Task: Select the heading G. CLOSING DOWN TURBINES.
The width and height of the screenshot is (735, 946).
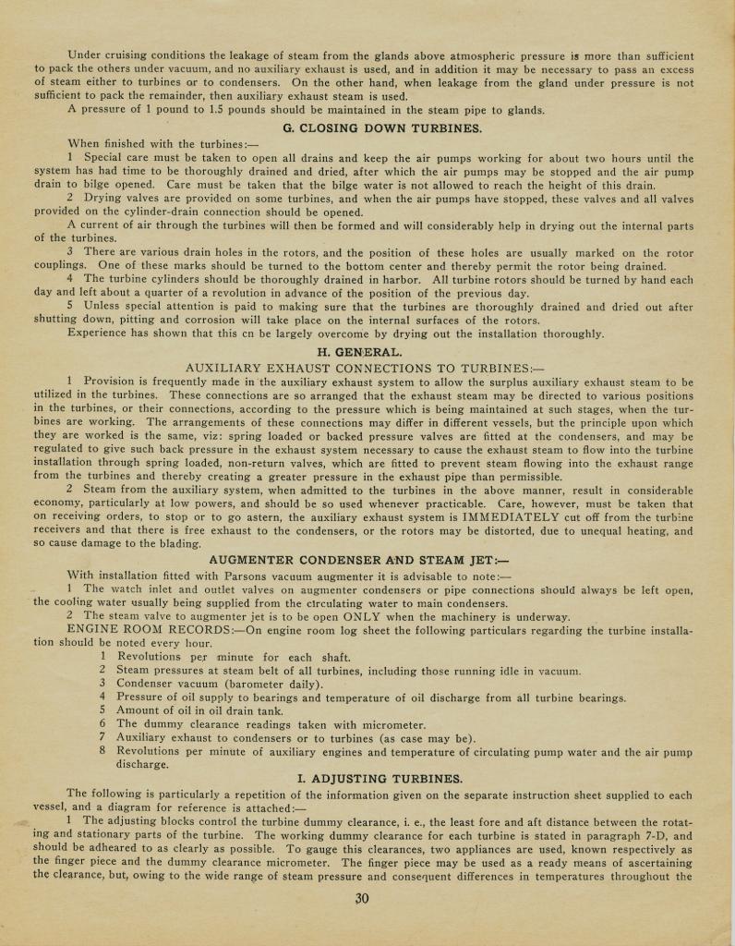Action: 382,127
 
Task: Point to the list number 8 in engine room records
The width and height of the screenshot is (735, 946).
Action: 103,750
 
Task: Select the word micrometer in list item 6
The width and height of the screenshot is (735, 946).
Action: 387,724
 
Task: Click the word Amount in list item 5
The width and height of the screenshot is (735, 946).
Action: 139,711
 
